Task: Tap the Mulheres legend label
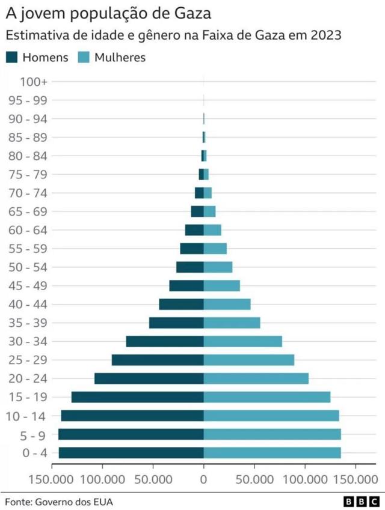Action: [120, 58]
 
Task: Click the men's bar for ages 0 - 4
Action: [131, 453]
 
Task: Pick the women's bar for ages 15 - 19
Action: [267, 397]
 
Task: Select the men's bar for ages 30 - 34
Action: [165, 341]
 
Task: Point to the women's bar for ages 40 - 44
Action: [227, 304]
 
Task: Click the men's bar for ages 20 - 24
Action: [149, 378]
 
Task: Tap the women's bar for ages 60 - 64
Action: [212, 230]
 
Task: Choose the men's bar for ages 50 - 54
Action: [190, 267]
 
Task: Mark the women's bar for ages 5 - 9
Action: [272, 434]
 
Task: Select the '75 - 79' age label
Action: [31, 174]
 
